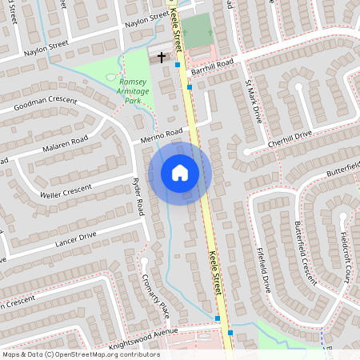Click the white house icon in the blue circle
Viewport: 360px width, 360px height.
tap(180, 172)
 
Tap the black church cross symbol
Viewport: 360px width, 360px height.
tap(162, 58)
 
